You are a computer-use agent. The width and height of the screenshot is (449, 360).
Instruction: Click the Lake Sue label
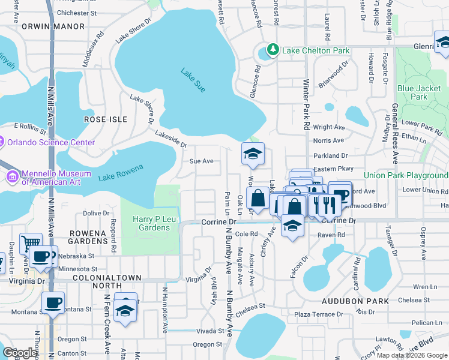coord(193,80)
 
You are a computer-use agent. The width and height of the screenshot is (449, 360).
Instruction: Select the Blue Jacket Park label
coord(419,92)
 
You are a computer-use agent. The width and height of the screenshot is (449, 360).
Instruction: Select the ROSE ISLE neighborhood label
coord(106,119)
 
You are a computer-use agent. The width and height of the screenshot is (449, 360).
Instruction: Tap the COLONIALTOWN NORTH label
coord(107,278)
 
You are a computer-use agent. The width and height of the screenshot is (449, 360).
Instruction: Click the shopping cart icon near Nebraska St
coord(30,243)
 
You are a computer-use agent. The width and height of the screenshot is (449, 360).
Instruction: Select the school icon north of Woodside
coord(253,154)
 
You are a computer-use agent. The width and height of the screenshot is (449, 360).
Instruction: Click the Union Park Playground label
coord(406,175)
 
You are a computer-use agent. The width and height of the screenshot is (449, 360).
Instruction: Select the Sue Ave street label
coord(202,161)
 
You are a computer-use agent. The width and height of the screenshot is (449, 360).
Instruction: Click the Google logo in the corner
coord(20,352)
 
